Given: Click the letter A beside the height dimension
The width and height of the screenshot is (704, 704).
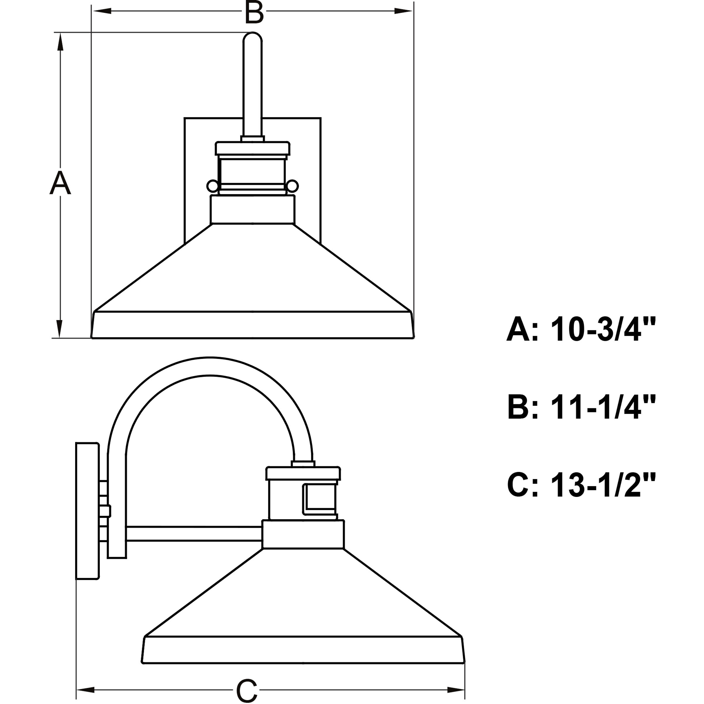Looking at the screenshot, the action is pos(60,183).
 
